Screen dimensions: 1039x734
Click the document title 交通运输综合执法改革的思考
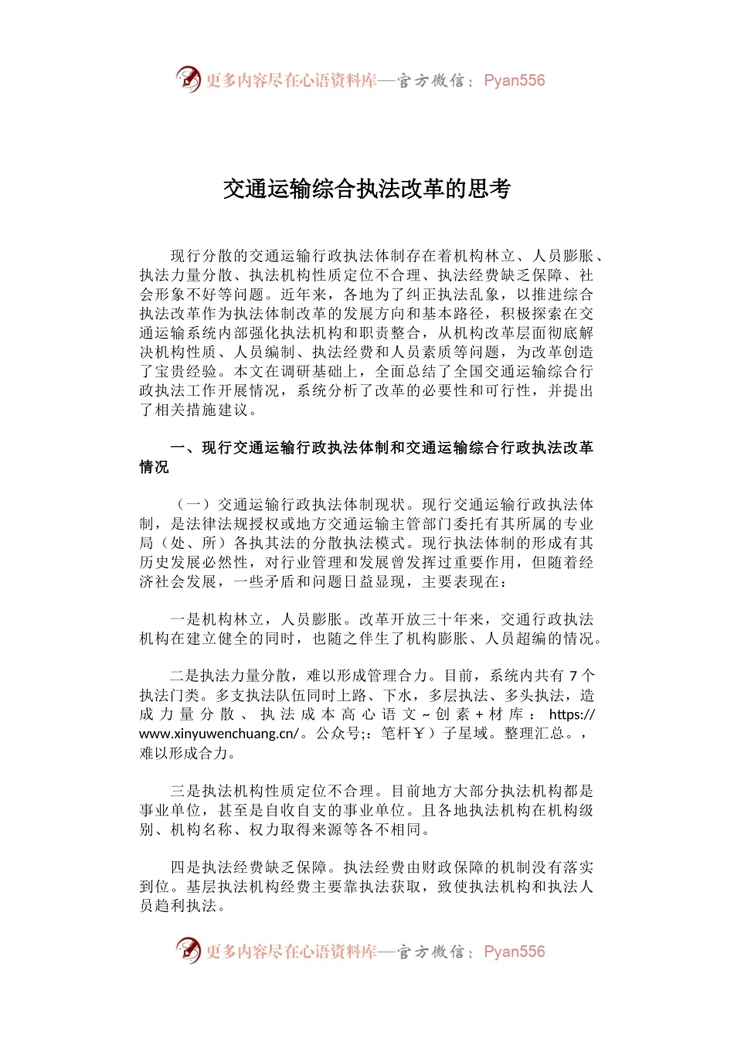[x=367, y=189]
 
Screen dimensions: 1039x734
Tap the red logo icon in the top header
[x=188, y=80]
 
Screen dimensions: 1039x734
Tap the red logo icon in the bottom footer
[x=188, y=951]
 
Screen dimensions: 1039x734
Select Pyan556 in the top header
[x=515, y=80]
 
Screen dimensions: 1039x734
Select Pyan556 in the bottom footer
[x=515, y=952]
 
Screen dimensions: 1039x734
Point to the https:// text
[x=572, y=714]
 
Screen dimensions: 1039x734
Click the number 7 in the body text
[x=573, y=676]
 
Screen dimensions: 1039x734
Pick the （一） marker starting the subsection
[x=193, y=505]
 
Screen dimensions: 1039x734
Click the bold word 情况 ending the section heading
[x=155, y=467]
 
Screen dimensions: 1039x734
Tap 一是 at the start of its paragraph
[x=185, y=619]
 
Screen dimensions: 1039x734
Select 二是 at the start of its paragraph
[x=185, y=676]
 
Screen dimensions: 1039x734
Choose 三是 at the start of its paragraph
[x=185, y=791]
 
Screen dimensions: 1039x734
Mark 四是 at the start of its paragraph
[x=185, y=867]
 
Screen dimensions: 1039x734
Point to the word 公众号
[x=339, y=734]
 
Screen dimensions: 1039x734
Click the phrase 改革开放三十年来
[x=422, y=619]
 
